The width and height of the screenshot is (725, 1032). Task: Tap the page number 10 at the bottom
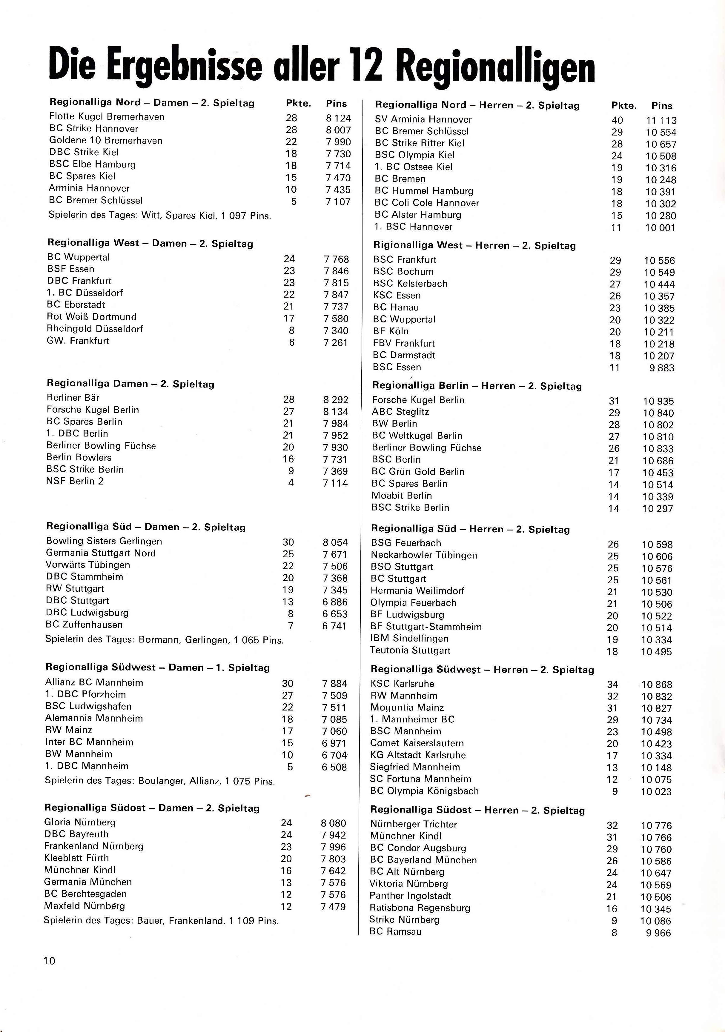pyautogui.click(x=50, y=961)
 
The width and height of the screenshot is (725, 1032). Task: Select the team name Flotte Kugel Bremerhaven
pyautogui.click(x=107, y=117)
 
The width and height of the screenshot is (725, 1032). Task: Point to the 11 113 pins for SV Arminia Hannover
pyautogui.click(x=661, y=121)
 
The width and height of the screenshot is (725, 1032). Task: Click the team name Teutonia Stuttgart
pyautogui.click(x=410, y=650)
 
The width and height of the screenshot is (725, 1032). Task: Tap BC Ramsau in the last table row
pyautogui.click(x=396, y=931)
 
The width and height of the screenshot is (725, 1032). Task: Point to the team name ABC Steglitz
pyautogui.click(x=400, y=412)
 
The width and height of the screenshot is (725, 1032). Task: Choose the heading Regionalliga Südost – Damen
pyautogui.click(x=152, y=808)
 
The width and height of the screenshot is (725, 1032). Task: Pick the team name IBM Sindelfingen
pyautogui.click(x=409, y=638)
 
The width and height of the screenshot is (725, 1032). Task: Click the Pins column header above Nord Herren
pyautogui.click(x=662, y=106)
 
